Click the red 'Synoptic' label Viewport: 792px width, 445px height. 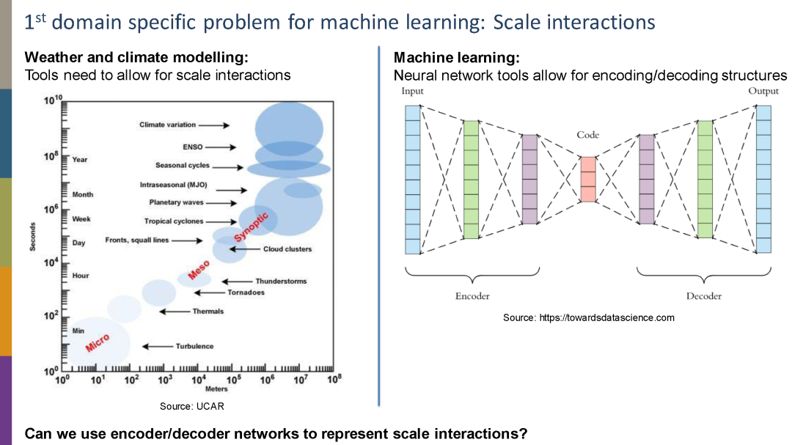coord(252,227)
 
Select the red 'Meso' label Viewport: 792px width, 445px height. coord(199,270)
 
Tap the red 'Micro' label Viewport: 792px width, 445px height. coord(98,342)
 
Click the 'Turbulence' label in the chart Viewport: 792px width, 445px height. coord(194,346)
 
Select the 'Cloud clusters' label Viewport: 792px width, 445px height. coord(287,249)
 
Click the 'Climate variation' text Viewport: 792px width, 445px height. coord(168,125)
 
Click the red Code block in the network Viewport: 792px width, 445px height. coord(588,179)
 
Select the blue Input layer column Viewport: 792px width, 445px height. coord(412,180)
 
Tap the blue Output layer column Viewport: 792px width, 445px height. coord(764,180)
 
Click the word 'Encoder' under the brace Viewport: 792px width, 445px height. coord(472,296)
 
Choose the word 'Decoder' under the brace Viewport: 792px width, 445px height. coord(703,296)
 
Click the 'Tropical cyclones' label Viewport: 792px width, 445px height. coord(174,221)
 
